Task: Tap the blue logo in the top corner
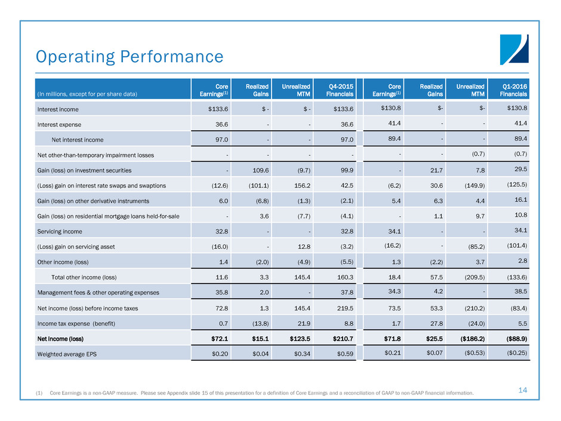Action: (514, 50)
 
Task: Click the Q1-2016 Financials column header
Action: (513, 90)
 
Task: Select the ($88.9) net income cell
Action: (513, 338)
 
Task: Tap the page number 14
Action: (523, 390)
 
